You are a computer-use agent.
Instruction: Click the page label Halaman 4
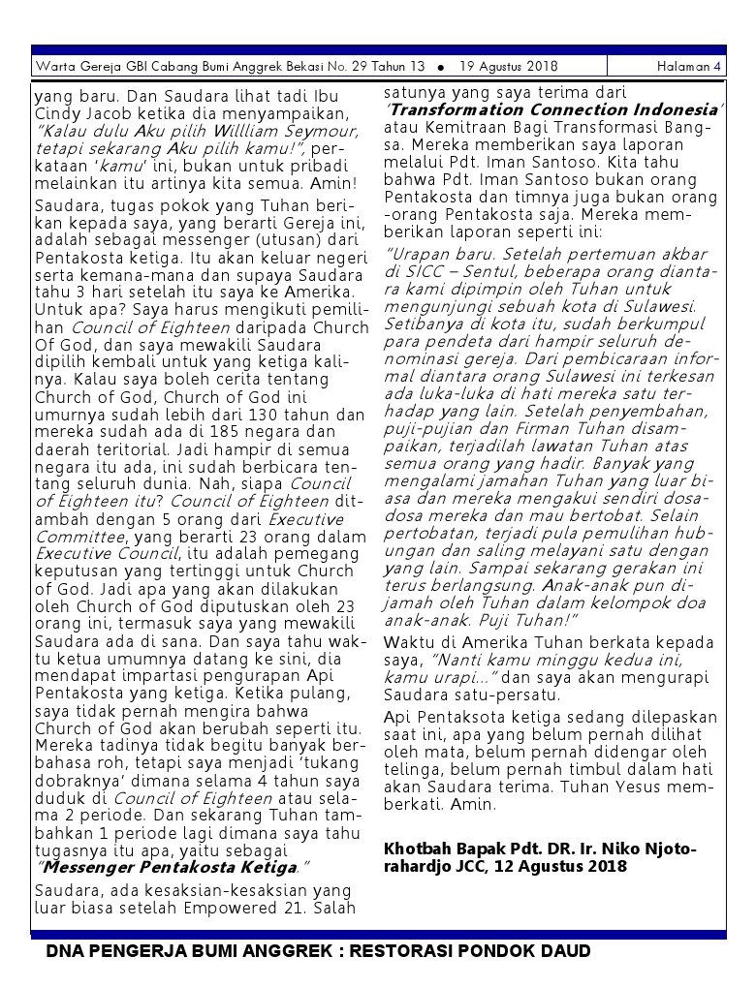pyautogui.click(x=688, y=67)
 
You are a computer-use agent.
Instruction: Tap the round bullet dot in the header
pyautogui.click(x=441, y=68)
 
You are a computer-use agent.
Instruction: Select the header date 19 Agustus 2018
pyautogui.click(x=509, y=67)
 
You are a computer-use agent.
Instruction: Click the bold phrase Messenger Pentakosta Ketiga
pyautogui.click(x=168, y=866)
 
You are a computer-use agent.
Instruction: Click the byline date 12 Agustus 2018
pyautogui.click(x=556, y=866)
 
